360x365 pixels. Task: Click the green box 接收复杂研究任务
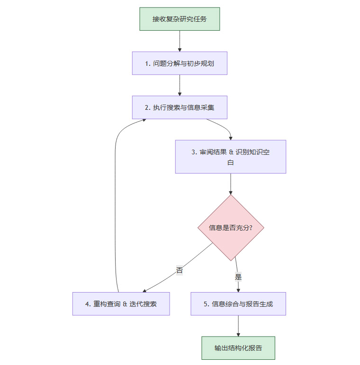coord(180,19)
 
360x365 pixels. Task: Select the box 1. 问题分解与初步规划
coord(180,63)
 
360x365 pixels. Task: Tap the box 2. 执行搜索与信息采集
coord(180,107)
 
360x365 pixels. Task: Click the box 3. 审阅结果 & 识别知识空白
coord(231,157)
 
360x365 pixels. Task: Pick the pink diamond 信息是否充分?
coord(231,228)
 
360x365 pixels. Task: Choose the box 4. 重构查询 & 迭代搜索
coord(121,304)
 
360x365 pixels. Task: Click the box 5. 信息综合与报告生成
coord(238,304)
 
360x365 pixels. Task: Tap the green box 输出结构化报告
coord(238,348)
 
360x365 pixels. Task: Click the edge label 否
coord(180,271)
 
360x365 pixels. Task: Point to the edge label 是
coord(238,277)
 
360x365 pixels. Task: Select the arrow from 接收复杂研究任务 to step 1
coord(180,41)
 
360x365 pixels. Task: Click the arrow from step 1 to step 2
coord(180,85)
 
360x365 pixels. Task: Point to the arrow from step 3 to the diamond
coord(231,184)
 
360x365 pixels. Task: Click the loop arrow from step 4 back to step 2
coord(116,204)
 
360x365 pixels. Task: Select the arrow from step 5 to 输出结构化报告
coord(238,326)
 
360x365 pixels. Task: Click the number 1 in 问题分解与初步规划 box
coord(147,63)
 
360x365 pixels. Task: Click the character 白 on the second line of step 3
coord(231,162)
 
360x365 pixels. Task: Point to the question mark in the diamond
coord(250,228)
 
